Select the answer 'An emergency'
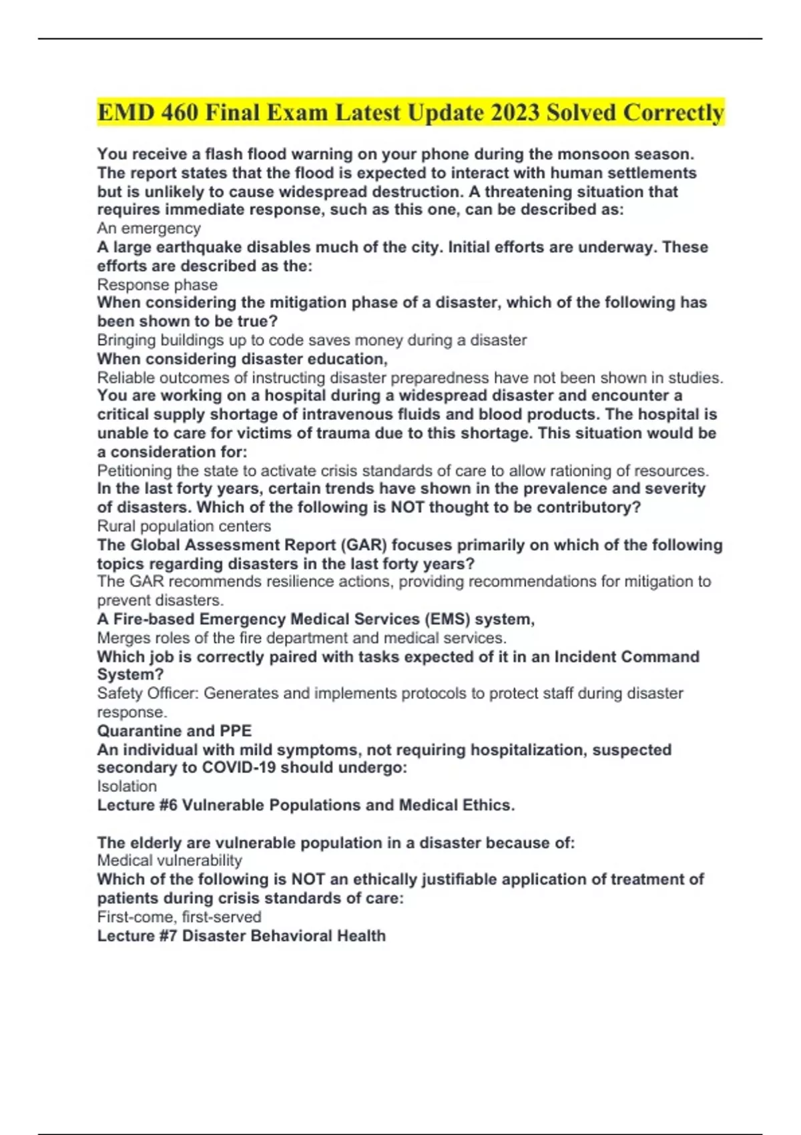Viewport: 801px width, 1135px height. pos(149,228)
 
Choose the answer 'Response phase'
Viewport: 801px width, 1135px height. pos(158,284)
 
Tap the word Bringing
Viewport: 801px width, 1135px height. pos(126,340)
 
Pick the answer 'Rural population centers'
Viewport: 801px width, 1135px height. pos(184,526)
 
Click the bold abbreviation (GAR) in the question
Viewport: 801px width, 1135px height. pos(364,545)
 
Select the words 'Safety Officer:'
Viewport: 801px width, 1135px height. pos(148,694)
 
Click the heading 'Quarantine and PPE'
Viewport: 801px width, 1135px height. pos(174,731)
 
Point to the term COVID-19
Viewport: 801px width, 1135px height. pos(239,768)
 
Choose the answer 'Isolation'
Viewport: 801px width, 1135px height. pos(127,786)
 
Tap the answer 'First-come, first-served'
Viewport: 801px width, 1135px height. pos(179,917)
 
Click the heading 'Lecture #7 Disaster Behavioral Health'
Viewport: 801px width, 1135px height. pos(242,935)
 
